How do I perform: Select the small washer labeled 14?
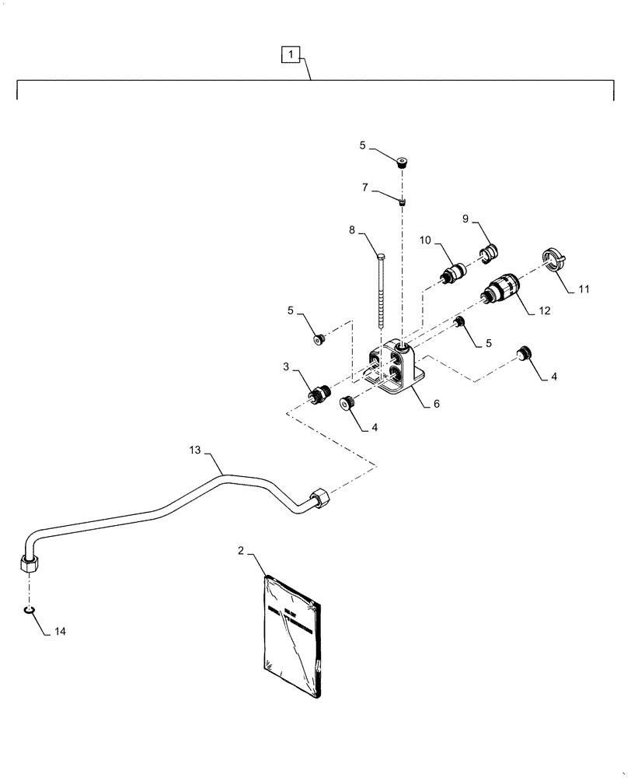point(28,608)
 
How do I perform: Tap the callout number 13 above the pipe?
point(194,450)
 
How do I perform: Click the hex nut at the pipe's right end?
point(319,498)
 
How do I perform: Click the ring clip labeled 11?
point(552,259)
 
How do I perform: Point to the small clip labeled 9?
point(488,252)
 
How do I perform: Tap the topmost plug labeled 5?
point(401,163)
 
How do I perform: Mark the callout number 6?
point(437,405)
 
